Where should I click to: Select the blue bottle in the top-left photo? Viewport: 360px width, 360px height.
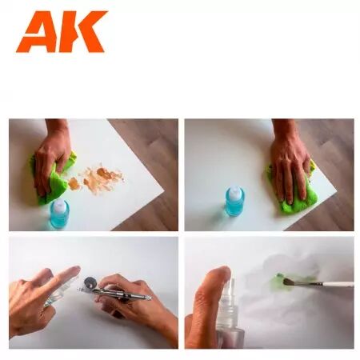click(59, 212)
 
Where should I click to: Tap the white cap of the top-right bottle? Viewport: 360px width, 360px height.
click(234, 192)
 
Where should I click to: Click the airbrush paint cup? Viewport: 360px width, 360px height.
click(90, 284)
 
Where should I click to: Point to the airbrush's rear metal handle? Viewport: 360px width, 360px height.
click(136, 296)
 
